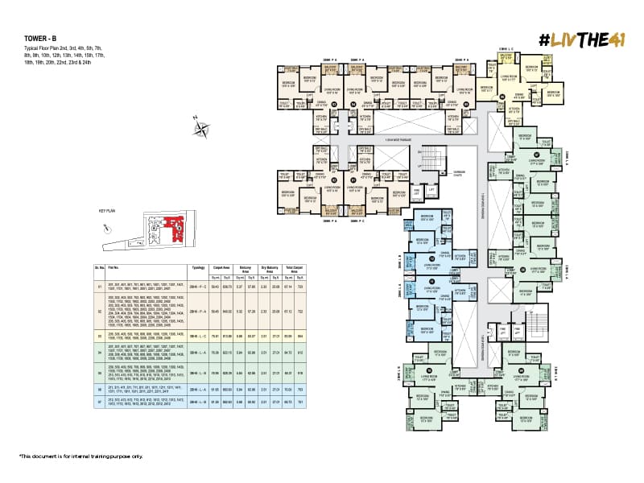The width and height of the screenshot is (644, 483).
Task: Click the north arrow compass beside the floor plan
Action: click(x=200, y=126)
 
